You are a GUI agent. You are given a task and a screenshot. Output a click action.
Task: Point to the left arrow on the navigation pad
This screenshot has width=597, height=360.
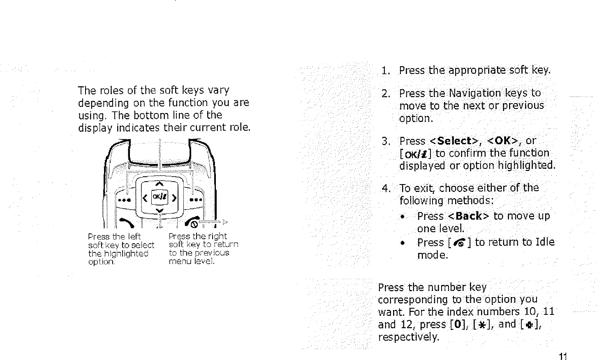(145, 198)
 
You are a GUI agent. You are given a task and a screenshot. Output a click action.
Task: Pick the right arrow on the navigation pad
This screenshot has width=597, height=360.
(174, 198)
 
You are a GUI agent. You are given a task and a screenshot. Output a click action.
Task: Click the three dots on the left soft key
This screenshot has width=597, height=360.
(124, 200)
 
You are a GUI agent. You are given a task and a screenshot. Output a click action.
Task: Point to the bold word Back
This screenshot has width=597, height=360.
(470, 216)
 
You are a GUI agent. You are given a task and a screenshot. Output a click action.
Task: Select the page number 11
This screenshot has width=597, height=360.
(563, 356)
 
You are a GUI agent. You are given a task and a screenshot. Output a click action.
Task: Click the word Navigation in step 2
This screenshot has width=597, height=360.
(475, 93)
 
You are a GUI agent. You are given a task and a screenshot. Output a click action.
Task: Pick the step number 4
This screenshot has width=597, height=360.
(385, 189)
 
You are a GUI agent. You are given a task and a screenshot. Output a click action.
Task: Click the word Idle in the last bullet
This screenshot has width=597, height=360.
(545, 242)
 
